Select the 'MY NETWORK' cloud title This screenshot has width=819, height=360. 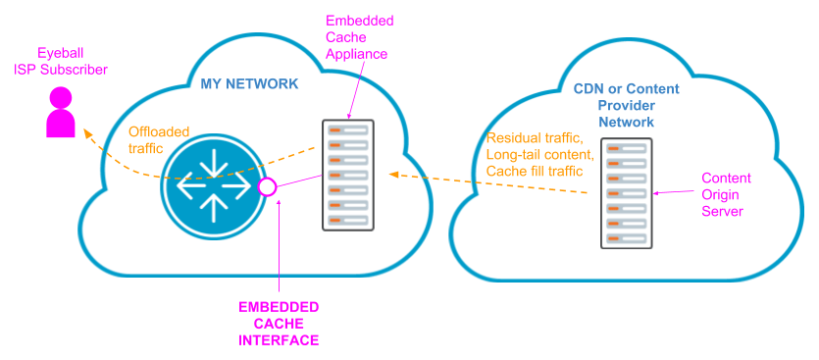(x=249, y=84)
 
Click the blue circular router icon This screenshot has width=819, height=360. (x=213, y=184)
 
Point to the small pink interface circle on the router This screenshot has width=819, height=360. (x=265, y=185)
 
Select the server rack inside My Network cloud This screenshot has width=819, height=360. (x=347, y=175)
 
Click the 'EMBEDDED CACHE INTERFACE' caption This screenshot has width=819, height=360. (x=279, y=324)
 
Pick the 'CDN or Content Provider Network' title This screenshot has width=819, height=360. (x=627, y=105)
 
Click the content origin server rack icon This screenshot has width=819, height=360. (x=626, y=193)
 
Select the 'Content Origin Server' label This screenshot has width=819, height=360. (x=727, y=195)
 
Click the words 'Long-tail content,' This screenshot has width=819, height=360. (x=539, y=155)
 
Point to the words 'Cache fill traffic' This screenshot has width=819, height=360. (x=536, y=171)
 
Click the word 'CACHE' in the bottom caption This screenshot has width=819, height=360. (x=279, y=324)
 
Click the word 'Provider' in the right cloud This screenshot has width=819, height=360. (x=627, y=105)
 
